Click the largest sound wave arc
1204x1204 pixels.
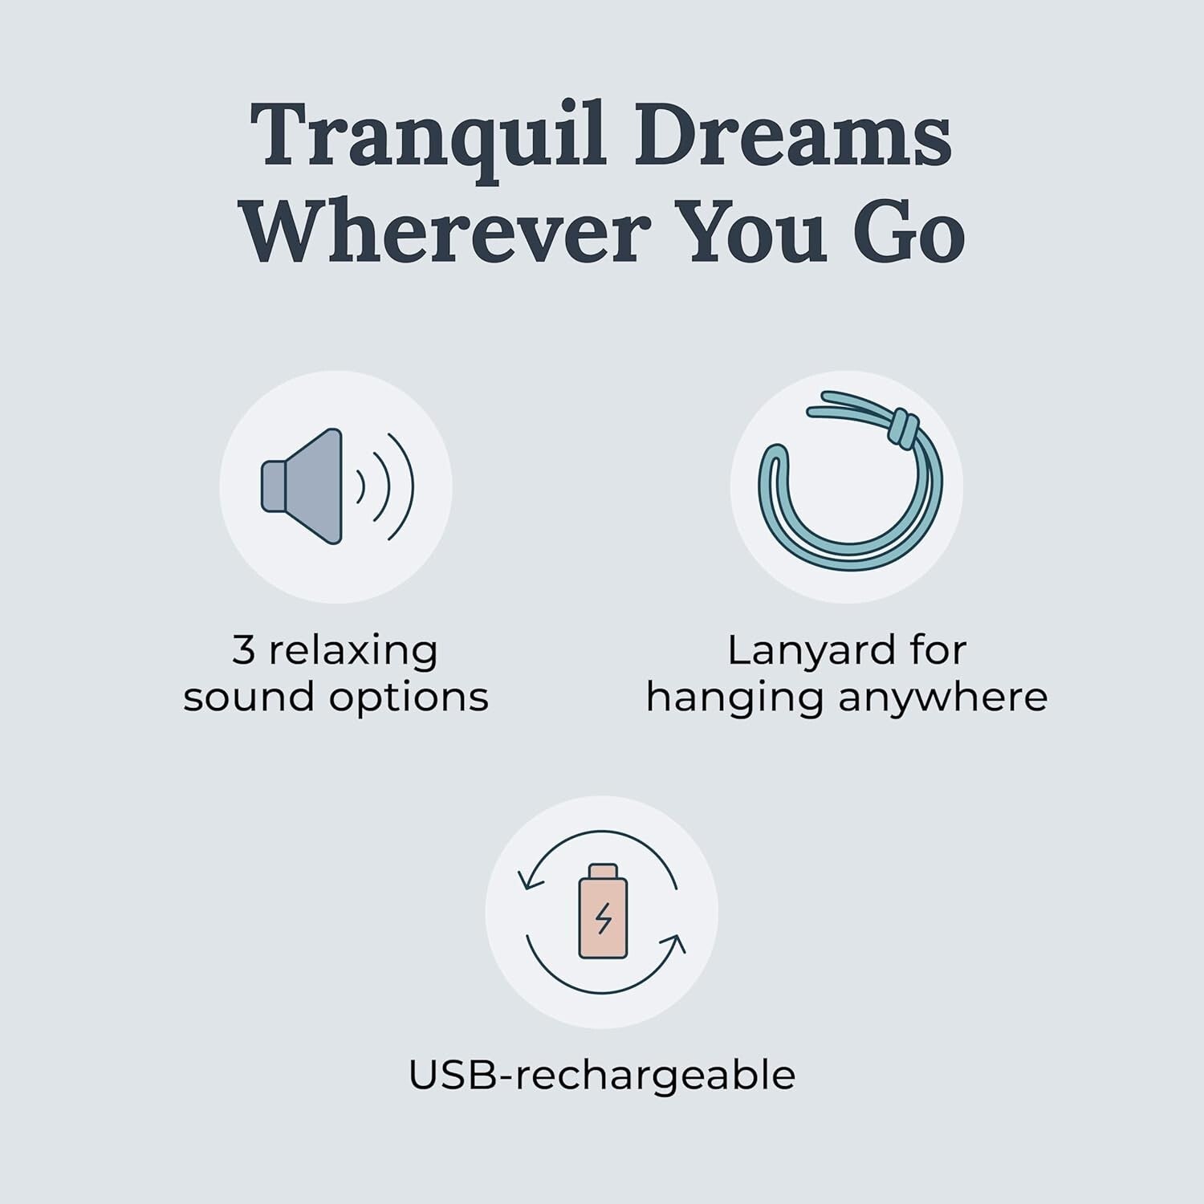[x=405, y=486]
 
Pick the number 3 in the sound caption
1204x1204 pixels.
[x=243, y=650]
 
